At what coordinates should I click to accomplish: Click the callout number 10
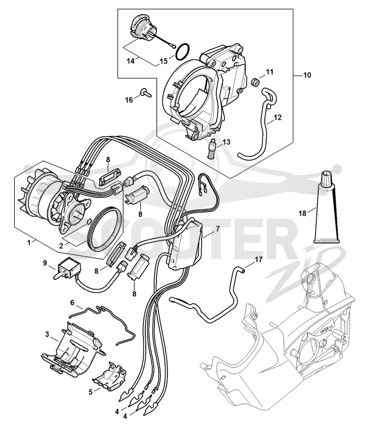pos(307,75)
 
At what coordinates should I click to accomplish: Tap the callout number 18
pos(302,213)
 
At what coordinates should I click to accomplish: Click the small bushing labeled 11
pos(256,82)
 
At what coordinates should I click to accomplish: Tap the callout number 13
pos(226,142)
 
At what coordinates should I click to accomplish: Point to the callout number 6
pos(72,302)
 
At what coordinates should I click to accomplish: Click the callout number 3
pos(47,334)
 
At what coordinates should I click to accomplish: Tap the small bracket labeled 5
pos(109,376)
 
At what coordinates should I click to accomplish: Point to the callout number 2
pos(60,244)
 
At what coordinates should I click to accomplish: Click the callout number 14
pos(131,61)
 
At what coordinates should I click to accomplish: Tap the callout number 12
pos(278,118)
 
